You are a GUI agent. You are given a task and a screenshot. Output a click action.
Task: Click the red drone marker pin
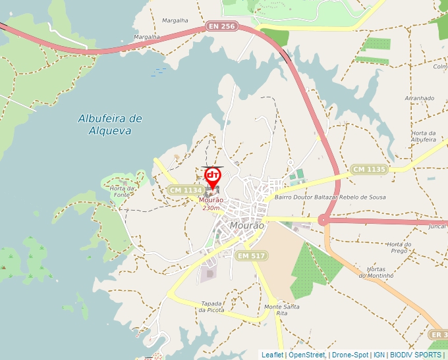[x=212, y=176]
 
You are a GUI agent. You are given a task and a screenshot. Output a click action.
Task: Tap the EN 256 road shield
[x=221, y=26]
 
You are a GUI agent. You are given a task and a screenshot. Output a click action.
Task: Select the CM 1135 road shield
[x=368, y=169]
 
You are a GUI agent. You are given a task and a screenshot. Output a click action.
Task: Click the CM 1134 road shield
[x=184, y=190]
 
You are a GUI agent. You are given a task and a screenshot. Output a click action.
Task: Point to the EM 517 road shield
[x=251, y=255]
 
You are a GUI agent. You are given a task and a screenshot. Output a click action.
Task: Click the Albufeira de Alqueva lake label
[x=110, y=124]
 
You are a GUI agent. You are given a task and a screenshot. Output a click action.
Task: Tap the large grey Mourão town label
[x=248, y=226]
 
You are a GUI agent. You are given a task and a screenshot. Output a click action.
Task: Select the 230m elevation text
[x=211, y=208]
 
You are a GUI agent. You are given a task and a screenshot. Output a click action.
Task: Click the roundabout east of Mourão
[x=323, y=220]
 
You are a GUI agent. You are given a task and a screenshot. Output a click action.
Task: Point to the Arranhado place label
[x=420, y=98]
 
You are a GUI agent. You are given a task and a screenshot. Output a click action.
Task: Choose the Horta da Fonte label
[x=123, y=192]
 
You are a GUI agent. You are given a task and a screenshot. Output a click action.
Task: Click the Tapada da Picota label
[x=212, y=307]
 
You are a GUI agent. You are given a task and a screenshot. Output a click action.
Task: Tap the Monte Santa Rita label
[x=281, y=310]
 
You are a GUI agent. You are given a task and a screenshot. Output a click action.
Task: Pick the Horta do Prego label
[x=399, y=247]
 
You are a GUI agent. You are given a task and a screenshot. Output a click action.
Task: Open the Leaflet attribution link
[x=273, y=355]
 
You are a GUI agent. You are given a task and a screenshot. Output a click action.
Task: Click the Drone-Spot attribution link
[x=350, y=355]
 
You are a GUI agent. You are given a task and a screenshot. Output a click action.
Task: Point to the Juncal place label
[x=437, y=226]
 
